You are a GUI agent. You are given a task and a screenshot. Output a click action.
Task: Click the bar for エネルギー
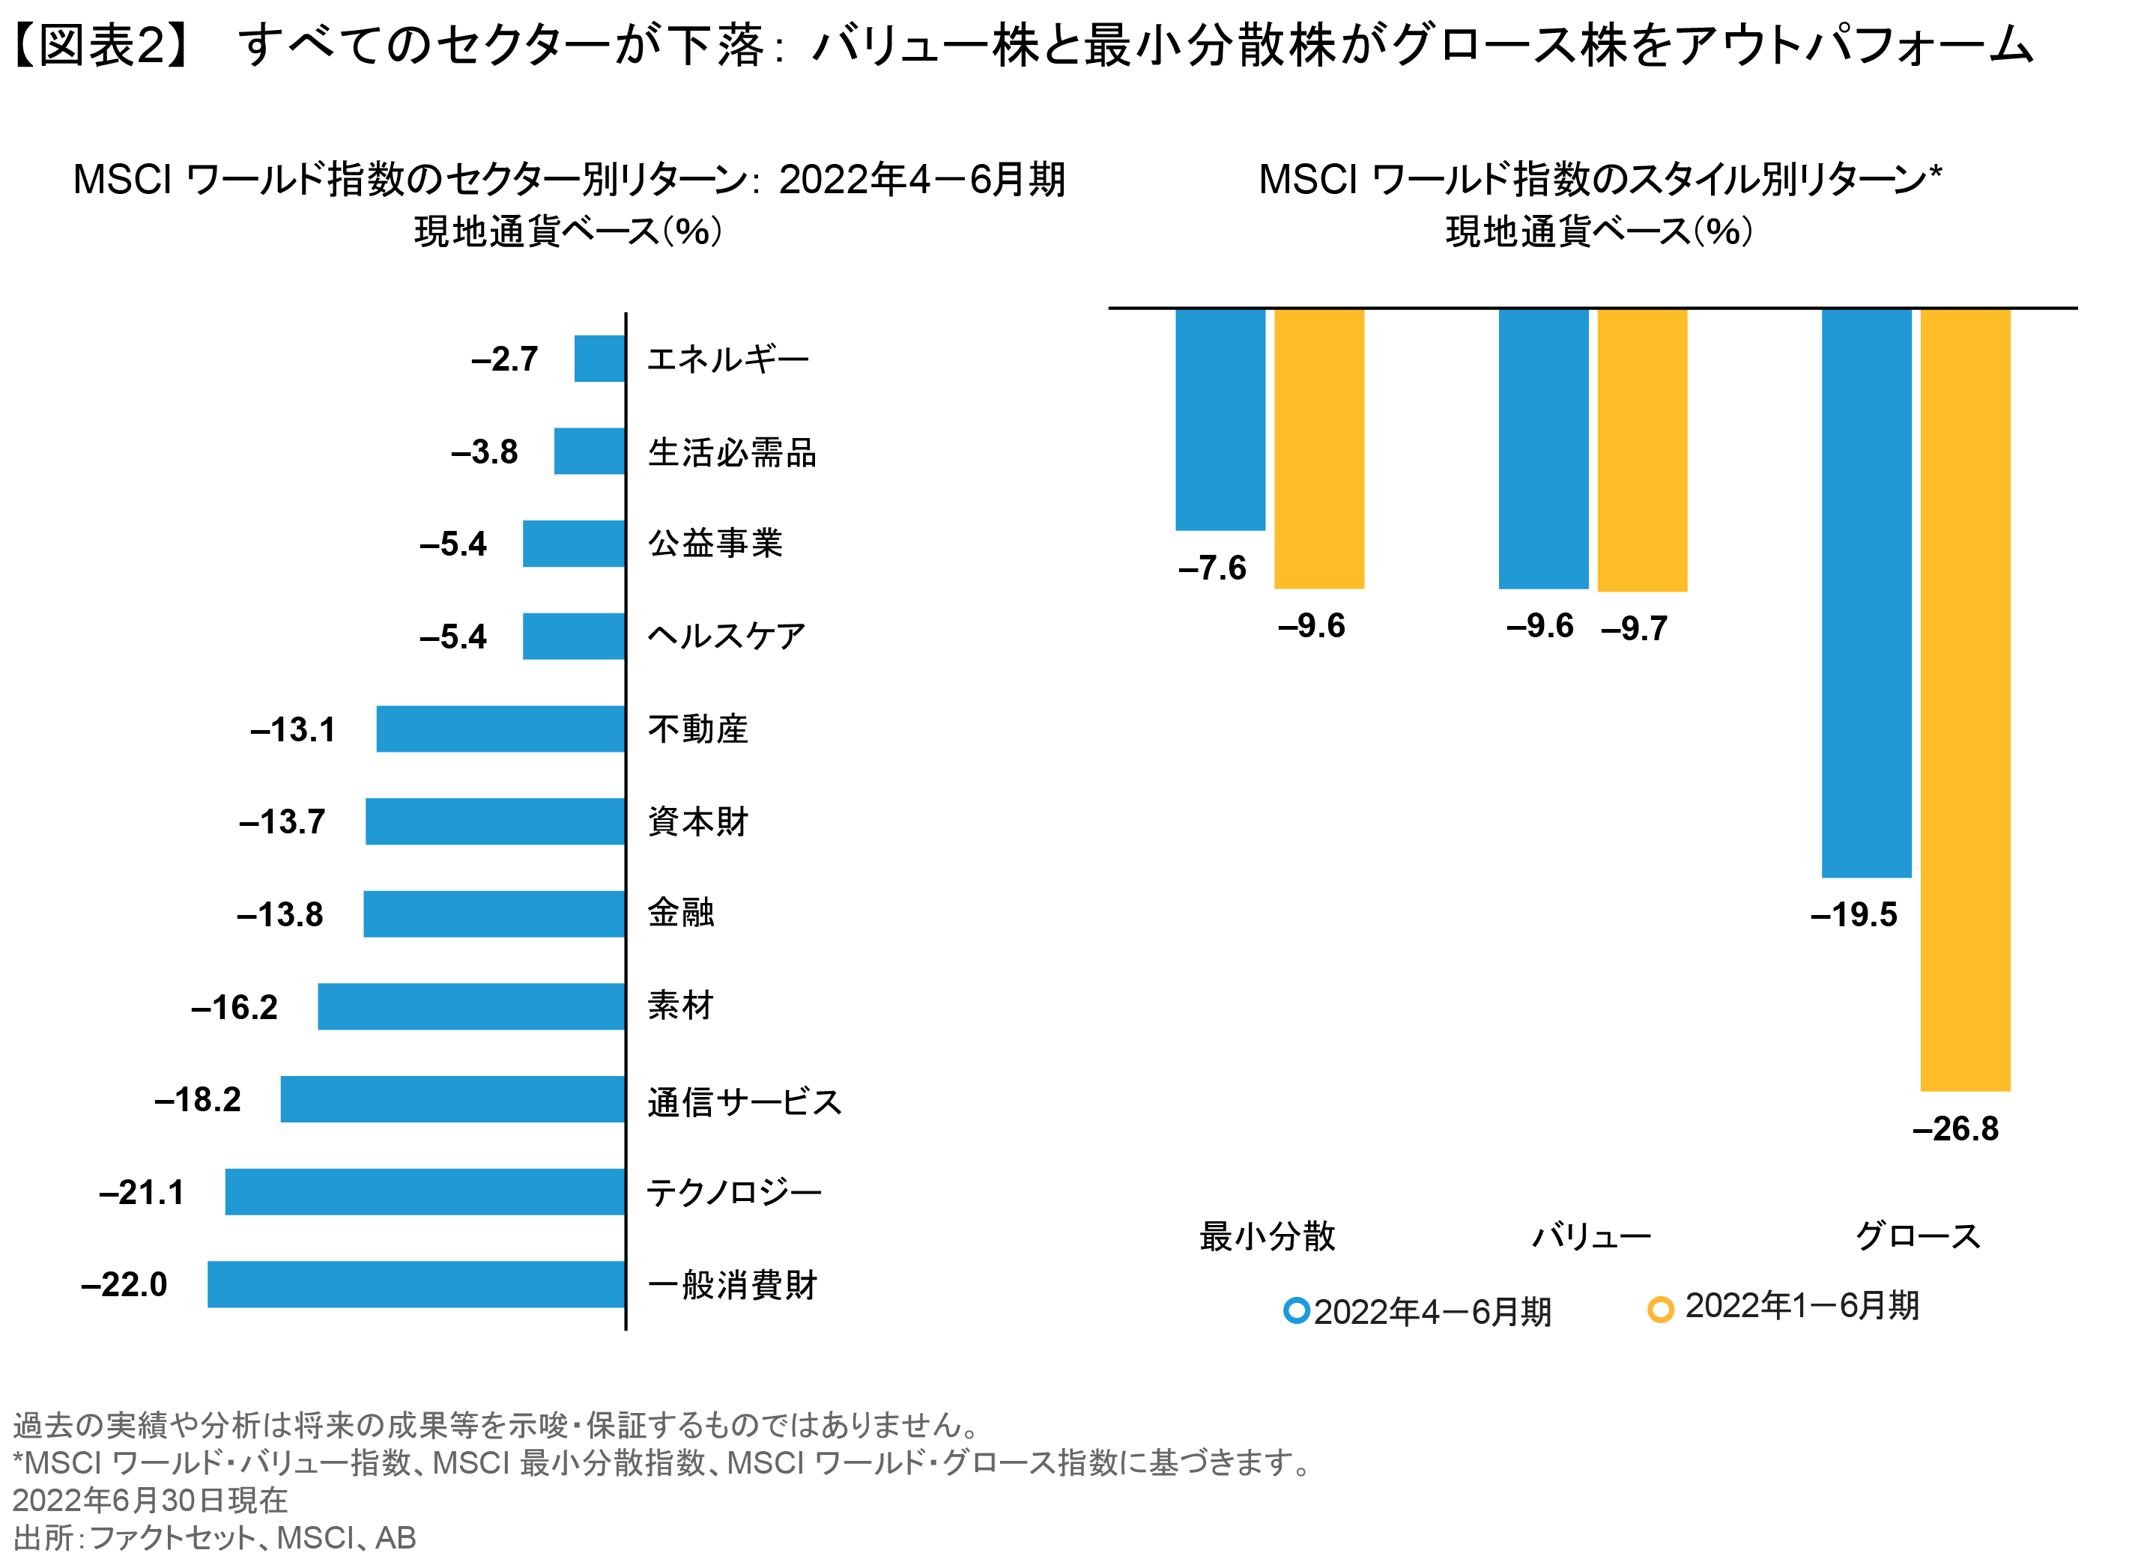[x=599, y=359]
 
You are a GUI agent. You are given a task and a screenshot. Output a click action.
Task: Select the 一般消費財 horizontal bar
[x=417, y=1283]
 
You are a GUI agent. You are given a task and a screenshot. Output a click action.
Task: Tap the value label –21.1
[x=142, y=1192]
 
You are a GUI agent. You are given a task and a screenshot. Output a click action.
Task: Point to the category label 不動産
[x=697, y=729]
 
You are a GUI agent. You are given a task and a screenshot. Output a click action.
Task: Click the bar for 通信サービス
[x=452, y=1098]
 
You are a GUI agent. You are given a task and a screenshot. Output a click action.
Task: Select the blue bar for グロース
[x=1865, y=592]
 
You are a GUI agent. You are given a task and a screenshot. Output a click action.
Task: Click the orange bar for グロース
[x=1964, y=699]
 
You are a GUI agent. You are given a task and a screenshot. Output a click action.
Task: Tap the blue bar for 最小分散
[x=1220, y=419]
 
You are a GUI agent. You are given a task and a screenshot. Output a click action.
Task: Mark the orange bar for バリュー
[x=1641, y=449]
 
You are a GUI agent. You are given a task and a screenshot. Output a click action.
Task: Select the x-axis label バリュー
[x=1590, y=1236]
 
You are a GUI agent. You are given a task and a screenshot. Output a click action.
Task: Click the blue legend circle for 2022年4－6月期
[x=1296, y=1311]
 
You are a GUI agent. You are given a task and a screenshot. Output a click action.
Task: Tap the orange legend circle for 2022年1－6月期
[x=1659, y=1310]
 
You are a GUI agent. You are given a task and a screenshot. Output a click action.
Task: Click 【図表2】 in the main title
[x=101, y=44]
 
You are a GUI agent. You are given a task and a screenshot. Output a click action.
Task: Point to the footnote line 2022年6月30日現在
[x=149, y=1500]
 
